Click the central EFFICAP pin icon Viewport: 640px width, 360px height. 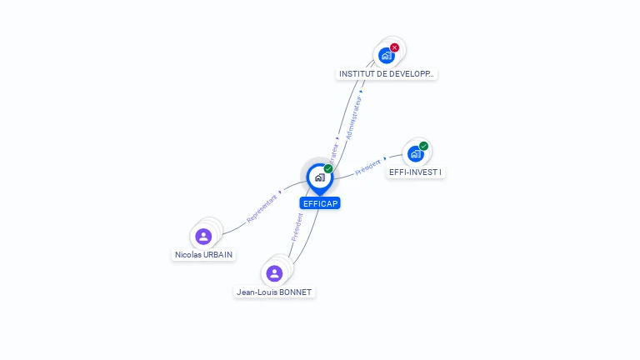tap(319, 177)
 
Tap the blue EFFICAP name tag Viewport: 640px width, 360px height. tap(321, 203)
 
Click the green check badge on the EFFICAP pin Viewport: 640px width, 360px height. tap(328, 168)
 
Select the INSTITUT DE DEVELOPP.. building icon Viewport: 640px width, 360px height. tap(386, 56)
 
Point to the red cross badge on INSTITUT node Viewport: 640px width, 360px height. tap(394, 47)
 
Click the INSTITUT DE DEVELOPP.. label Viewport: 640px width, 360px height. tap(387, 74)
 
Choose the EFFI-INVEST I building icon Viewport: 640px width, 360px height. tap(415, 154)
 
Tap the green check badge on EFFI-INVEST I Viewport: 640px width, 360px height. tap(423, 146)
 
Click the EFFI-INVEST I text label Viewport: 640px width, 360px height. tap(416, 172)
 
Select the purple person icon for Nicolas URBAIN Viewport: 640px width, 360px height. tap(203, 237)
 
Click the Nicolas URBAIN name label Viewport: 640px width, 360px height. tap(203, 255)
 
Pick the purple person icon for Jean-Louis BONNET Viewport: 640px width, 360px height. tap(274, 273)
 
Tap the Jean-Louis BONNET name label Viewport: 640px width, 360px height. tap(274, 292)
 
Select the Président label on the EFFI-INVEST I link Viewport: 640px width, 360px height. tap(367, 167)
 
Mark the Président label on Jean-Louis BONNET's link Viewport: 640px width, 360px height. tap(297, 227)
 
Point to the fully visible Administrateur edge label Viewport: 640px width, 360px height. tap(355, 116)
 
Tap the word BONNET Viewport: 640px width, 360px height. tap(295, 292)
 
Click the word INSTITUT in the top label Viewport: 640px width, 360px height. tap(356, 74)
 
